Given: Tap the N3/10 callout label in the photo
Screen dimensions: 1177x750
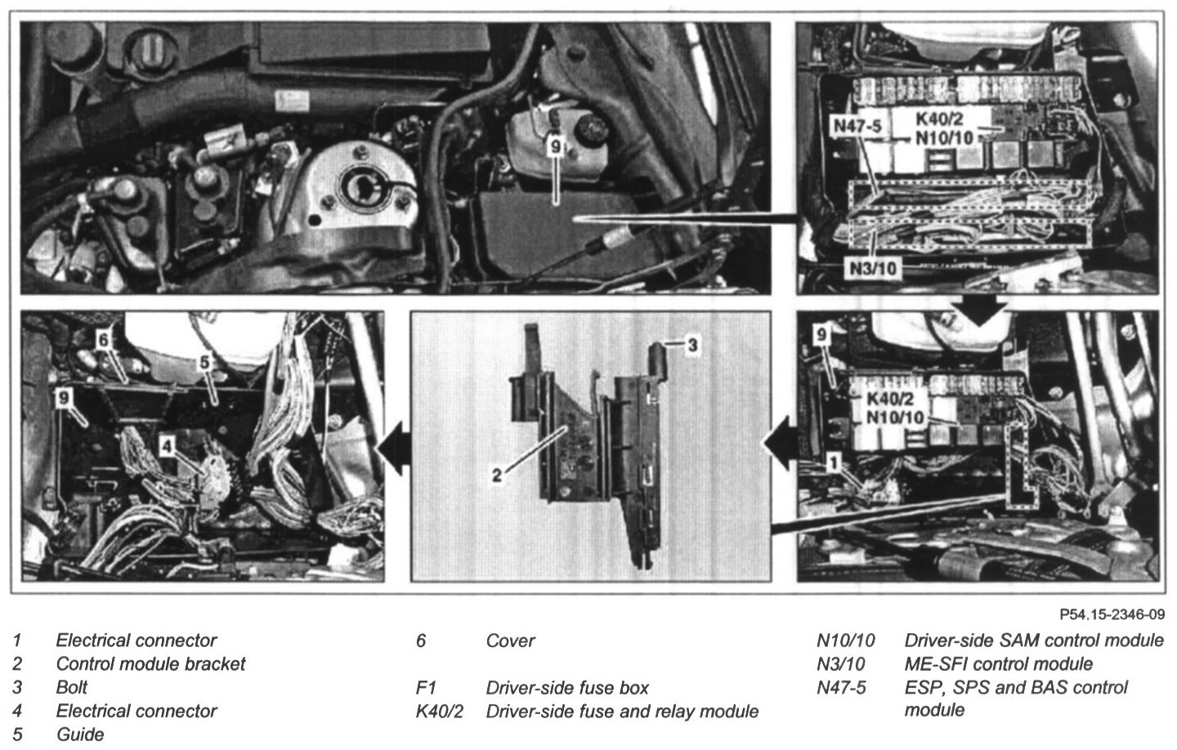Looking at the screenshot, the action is (x=873, y=269).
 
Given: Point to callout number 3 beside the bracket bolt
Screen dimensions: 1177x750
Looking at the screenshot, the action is (x=693, y=345).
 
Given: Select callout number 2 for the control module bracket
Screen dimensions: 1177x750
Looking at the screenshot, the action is (x=497, y=475).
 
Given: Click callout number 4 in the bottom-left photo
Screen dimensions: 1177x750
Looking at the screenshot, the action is (x=167, y=446).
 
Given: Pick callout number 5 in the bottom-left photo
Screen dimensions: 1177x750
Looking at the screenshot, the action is (x=204, y=362).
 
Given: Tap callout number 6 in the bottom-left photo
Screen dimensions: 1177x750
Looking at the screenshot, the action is (x=103, y=341).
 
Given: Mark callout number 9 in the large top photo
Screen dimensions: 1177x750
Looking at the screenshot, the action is (x=556, y=146).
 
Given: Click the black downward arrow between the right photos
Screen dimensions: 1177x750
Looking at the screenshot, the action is (x=980, y=310).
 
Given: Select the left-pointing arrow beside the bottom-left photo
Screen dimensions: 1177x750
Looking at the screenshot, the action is (x=393, y=448).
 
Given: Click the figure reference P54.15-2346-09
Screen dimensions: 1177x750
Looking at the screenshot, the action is (x=1112, y=614).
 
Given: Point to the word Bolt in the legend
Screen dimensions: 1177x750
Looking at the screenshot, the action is (x=71, y=687).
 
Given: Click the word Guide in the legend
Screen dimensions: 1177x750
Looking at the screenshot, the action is (x=80, y=734).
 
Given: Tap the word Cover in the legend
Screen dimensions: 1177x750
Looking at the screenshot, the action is (x=510, y=641).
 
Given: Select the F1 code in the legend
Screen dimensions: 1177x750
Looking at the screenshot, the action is (x=426, y=688).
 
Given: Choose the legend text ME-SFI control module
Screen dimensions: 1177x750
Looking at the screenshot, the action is (x=998, y=664).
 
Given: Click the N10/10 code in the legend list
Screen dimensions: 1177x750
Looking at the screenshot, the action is (x=845, y=641).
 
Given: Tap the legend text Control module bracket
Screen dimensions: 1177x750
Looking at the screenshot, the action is (x=150, y=664).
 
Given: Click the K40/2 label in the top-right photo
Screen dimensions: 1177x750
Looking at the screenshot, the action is (x=939, y=118).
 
